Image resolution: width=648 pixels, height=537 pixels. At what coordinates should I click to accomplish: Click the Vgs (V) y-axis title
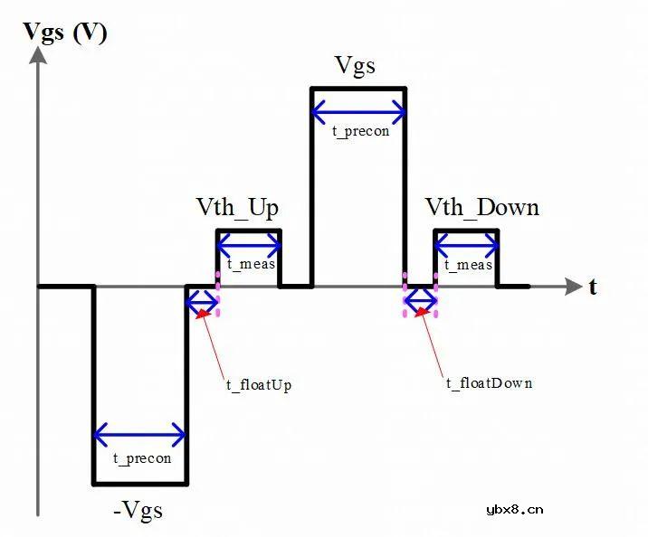(65, 33)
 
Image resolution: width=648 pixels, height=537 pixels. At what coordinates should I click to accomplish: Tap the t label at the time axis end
(594, 287)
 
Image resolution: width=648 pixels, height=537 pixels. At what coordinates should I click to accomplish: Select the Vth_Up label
(237, 208)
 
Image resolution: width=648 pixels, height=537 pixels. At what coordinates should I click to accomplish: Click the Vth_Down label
(482, 208)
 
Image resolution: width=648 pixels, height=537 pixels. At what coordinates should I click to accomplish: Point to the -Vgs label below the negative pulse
(138, 510)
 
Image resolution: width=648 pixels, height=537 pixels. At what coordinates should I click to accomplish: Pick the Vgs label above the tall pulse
(355, 65)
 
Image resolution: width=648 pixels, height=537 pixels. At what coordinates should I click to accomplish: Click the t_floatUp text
(259, 384)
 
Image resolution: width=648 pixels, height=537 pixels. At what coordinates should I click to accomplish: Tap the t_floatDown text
(489, 383)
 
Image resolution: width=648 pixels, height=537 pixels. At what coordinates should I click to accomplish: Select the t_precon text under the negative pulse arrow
(142, 458)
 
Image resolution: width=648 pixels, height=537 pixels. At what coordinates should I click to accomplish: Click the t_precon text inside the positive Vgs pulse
(360, 131)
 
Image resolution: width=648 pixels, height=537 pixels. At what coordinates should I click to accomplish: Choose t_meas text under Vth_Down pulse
(469, 265)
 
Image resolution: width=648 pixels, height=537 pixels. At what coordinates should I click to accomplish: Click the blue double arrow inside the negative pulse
(139, 436)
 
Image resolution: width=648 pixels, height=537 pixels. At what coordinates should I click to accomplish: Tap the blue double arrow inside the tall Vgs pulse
(358, 112)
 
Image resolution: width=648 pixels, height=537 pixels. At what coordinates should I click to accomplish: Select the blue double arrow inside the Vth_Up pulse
(248, 244)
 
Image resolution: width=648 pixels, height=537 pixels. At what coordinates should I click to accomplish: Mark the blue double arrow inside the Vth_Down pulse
(466, 244)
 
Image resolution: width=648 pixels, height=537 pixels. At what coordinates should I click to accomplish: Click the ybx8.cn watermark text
(515, 510)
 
